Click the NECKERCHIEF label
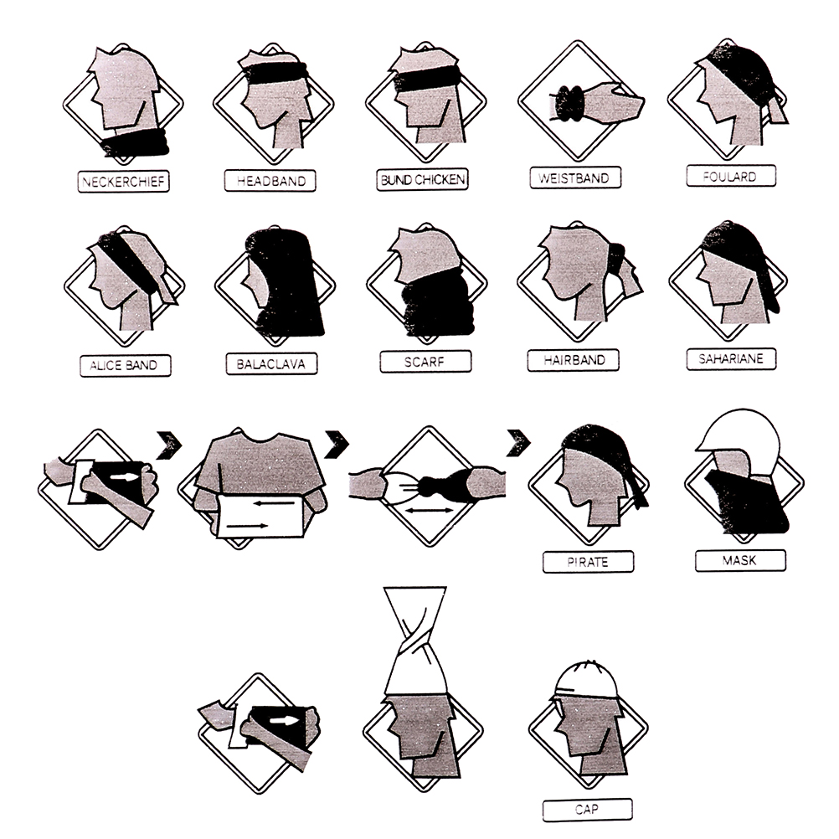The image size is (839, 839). tap(124, 182)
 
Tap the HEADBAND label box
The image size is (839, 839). tap(270, 181)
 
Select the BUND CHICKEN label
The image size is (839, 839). tap(422, 179)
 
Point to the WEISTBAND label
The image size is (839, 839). tap(575, 178)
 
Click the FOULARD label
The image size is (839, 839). tap(731, 176)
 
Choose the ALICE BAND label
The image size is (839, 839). tap(126, 365)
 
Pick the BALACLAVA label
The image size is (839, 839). tap(271, 364)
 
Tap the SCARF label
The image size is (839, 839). tap(425, 362)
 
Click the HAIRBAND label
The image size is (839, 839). tap(573, 360)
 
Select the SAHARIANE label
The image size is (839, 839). tap(731, 358)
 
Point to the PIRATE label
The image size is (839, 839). tap(588, 562)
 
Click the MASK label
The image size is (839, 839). tap(740, 561)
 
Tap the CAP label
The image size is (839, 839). tap(587, 810)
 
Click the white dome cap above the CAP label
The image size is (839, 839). tap(584, 680)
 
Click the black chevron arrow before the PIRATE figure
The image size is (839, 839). tap(518, 442)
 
